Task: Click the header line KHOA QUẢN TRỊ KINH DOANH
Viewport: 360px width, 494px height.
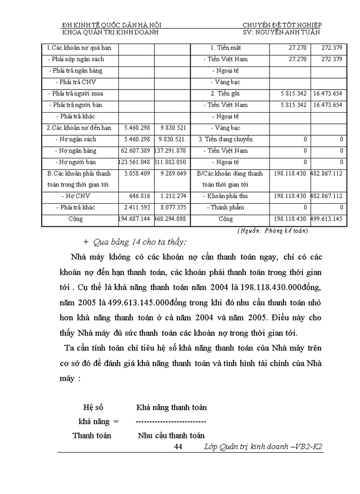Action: click(110, 32)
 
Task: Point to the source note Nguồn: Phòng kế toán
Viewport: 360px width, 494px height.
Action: click(273, 231)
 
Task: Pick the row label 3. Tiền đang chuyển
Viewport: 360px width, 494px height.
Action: click(226, 139)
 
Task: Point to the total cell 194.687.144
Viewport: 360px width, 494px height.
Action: click(134, 219)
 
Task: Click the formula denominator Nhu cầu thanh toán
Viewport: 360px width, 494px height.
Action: click(171, 435)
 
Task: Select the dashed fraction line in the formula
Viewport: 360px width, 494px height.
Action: click(171, 421)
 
